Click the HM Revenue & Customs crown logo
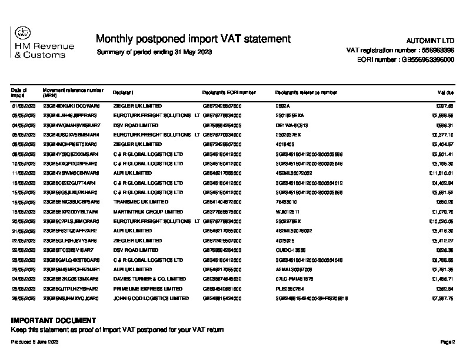coord(21,34)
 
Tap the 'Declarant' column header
coord(123,93)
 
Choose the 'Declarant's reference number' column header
coord(305,93)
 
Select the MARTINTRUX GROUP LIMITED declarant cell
coord(144,211)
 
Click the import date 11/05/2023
coord(24,173)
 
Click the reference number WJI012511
coord(288,211)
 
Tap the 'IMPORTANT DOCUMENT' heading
coord(53,321)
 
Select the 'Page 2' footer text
coord(448,342)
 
